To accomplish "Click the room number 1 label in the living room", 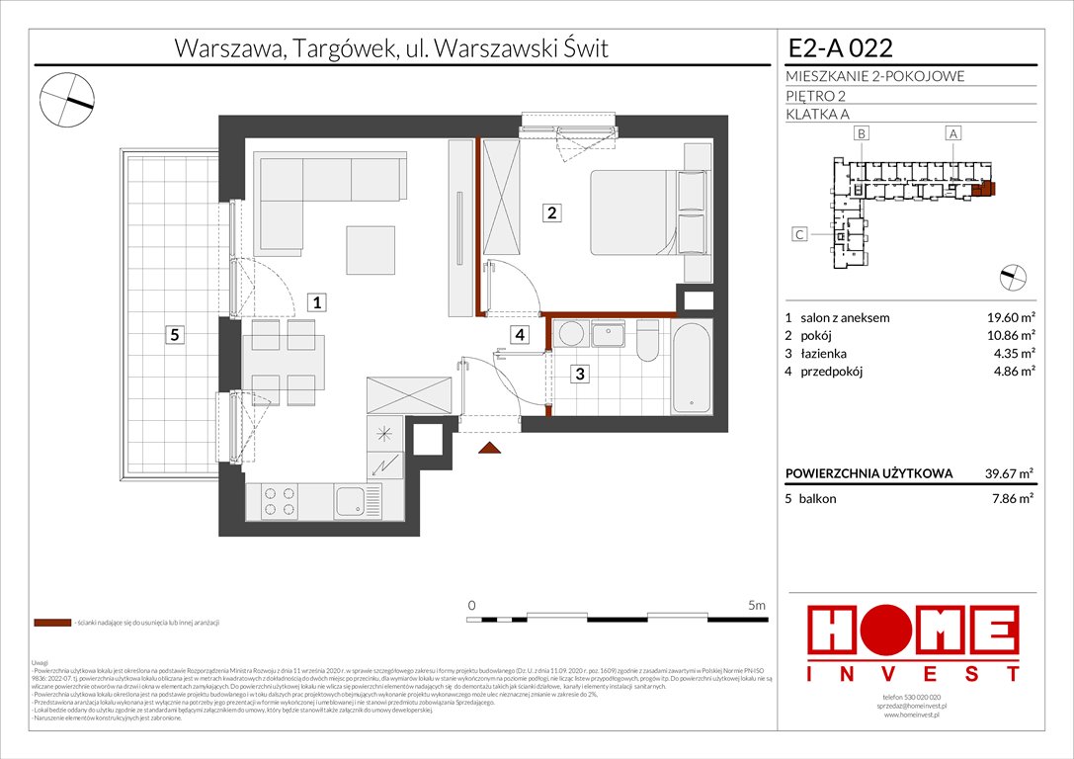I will (315, 302).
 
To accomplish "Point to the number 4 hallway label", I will (520, 335).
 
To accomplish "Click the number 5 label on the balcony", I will (174, 335).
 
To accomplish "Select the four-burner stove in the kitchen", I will (278, 502).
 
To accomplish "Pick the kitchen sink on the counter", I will (350, 501).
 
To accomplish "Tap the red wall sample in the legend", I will (50, 624).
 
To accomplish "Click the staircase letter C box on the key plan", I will (801, 234).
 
